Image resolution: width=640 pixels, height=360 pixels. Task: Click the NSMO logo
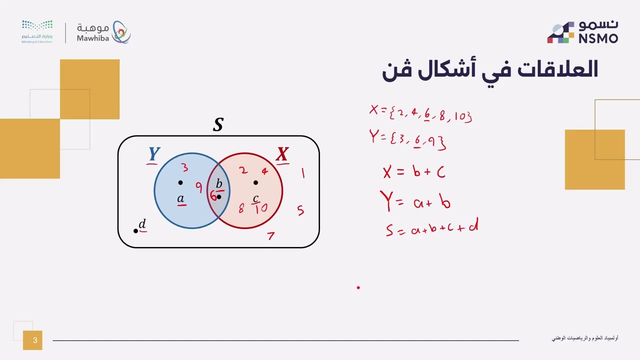tap(582, 32)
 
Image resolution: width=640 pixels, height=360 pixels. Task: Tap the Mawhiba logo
tap(103, 32)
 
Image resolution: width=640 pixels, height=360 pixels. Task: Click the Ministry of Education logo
tap(37, 32)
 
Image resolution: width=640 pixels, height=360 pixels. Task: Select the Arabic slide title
tap(490, 70)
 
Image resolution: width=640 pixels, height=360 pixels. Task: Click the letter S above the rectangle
tap(218, 124)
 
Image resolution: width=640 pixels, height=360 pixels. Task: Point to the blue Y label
tap(154, 154)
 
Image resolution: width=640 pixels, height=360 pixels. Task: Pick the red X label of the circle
tap(282, 154)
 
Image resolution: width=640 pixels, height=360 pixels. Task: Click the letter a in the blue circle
tap(180, 199)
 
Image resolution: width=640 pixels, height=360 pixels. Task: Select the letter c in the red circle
tap(255, 198)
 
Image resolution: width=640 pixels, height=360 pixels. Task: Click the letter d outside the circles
tap(142, 224)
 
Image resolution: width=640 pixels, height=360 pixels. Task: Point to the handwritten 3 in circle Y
tap(184, 167)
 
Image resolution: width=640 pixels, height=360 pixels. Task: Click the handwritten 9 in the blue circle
tap(199, 187)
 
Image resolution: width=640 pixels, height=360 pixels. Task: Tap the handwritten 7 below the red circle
tap(270, 235)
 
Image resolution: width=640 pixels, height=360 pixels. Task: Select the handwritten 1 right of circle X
tap(302, 173)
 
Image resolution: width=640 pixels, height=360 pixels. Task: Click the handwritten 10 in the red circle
tap(260, 208)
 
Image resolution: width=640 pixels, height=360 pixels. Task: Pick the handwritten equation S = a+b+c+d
tap(431, 228)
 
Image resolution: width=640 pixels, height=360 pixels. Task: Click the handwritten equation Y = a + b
tap(415, 201)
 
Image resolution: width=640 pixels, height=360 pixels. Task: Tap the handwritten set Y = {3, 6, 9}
tap(407, 139)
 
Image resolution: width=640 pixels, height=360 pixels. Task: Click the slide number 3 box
tap(32, 340)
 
